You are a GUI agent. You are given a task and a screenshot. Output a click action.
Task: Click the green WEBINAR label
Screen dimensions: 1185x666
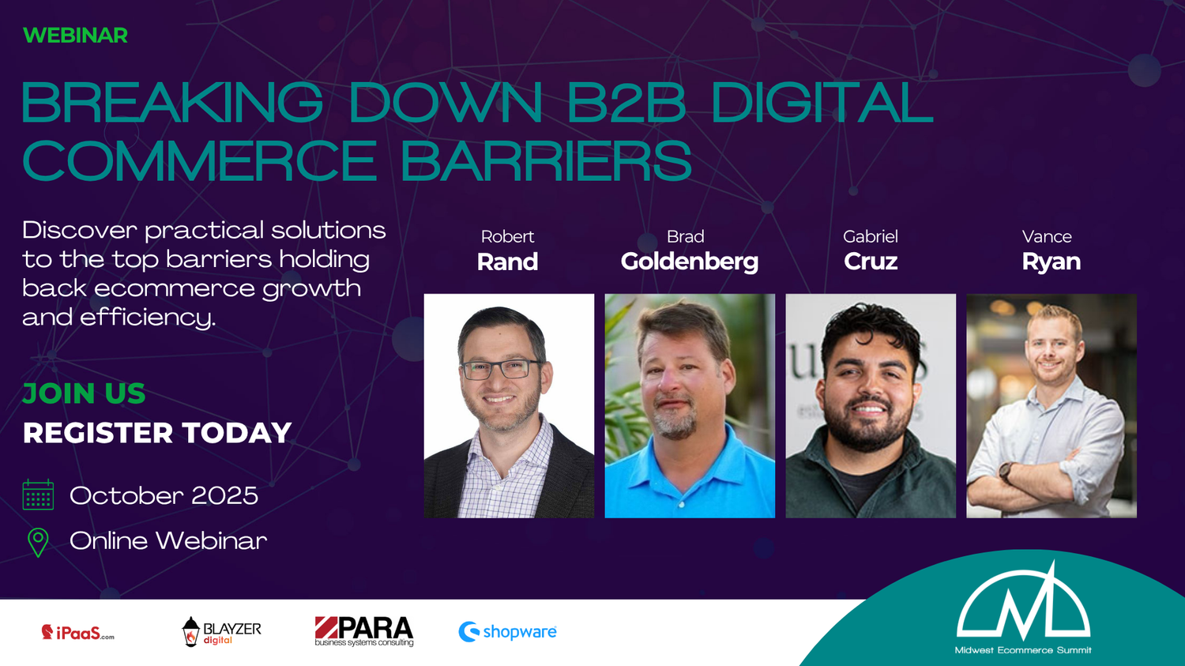point(75,36)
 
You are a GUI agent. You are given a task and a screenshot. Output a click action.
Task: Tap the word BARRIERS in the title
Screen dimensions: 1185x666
point(546,161)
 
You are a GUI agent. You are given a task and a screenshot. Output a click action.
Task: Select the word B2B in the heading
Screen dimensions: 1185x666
point(626,102)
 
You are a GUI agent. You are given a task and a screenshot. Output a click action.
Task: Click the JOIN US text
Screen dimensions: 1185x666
point(84,393)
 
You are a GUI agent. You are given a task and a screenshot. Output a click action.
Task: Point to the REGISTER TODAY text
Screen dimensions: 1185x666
point(157,433)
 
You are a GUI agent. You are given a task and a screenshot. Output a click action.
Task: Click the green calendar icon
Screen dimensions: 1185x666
point(38,495)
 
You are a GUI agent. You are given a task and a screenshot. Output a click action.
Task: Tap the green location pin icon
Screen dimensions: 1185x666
point(38,542)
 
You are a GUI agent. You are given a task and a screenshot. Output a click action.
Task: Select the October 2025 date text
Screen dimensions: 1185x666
point(164,495)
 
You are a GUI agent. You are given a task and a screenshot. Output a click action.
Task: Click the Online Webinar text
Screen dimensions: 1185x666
point(168,540)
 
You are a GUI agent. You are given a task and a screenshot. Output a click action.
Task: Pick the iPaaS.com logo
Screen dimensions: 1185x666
point(77,632)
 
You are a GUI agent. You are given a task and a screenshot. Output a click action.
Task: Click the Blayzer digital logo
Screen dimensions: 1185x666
point(222,631)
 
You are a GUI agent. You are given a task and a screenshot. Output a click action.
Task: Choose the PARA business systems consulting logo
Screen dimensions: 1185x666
point(364,631)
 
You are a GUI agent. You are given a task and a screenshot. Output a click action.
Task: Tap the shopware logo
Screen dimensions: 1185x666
point(507,631)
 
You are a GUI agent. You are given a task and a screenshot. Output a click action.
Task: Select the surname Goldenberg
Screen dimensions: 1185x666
point(690,262)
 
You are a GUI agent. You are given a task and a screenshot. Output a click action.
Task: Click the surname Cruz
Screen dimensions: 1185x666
point(871,262)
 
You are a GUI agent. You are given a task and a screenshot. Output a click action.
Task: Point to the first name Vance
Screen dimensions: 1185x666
point(1047,236)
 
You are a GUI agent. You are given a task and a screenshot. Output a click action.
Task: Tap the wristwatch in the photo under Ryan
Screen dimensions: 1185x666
point(1005,472)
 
